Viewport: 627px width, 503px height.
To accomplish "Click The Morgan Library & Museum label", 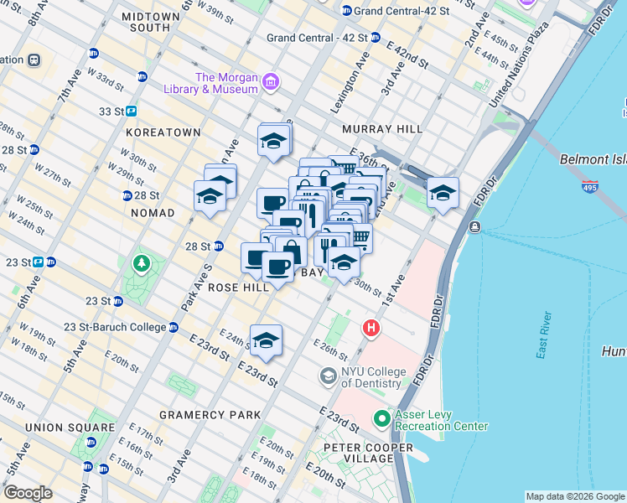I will (x=225, y=83).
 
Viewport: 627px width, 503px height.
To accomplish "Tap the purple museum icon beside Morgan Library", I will (x=271, y=82).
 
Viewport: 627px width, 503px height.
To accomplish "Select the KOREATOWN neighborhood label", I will (x=163, y=132).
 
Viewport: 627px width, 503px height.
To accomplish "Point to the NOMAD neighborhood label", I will (x=153, y=213).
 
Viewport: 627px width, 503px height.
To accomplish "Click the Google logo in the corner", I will (x=28, y=493).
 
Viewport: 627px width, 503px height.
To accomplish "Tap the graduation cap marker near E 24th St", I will (x=266, y=341).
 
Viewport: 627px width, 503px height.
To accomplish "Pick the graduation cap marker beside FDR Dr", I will (x=443, y=194).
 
